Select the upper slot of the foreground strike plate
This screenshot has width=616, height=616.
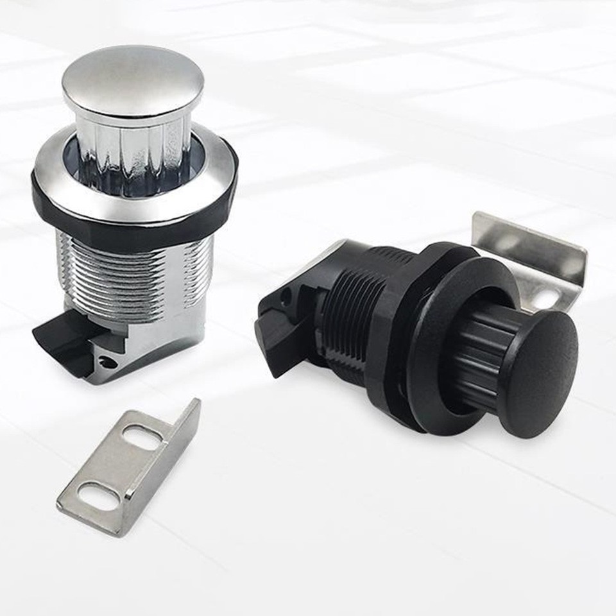142,438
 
